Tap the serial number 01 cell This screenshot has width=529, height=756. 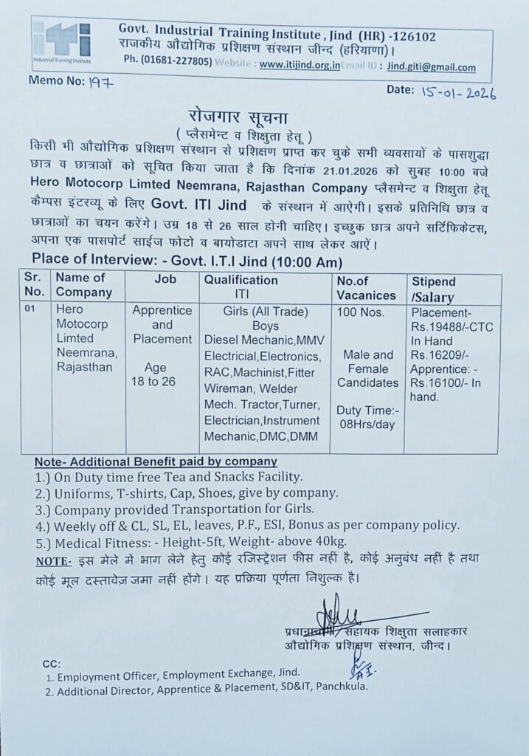30,311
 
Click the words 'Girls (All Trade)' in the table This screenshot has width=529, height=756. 265,312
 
